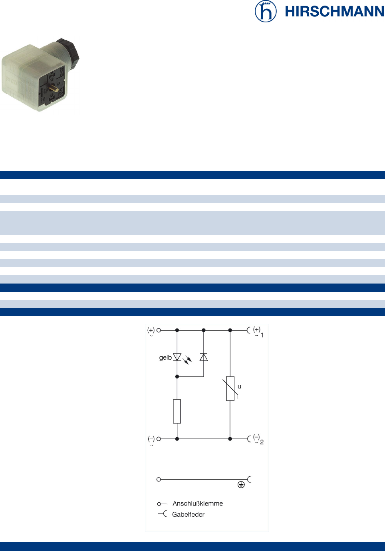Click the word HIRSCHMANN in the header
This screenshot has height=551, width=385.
[335, 12]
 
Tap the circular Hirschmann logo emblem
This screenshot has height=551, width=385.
[266, 11]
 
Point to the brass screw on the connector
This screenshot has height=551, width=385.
[54, 88]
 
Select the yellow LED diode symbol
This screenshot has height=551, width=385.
[177, 357]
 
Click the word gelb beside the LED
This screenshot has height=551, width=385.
[165, 358]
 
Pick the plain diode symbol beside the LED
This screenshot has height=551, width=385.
[203, 357]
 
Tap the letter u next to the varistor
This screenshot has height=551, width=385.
[239, 386]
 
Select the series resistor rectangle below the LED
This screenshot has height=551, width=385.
[177, 412]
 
